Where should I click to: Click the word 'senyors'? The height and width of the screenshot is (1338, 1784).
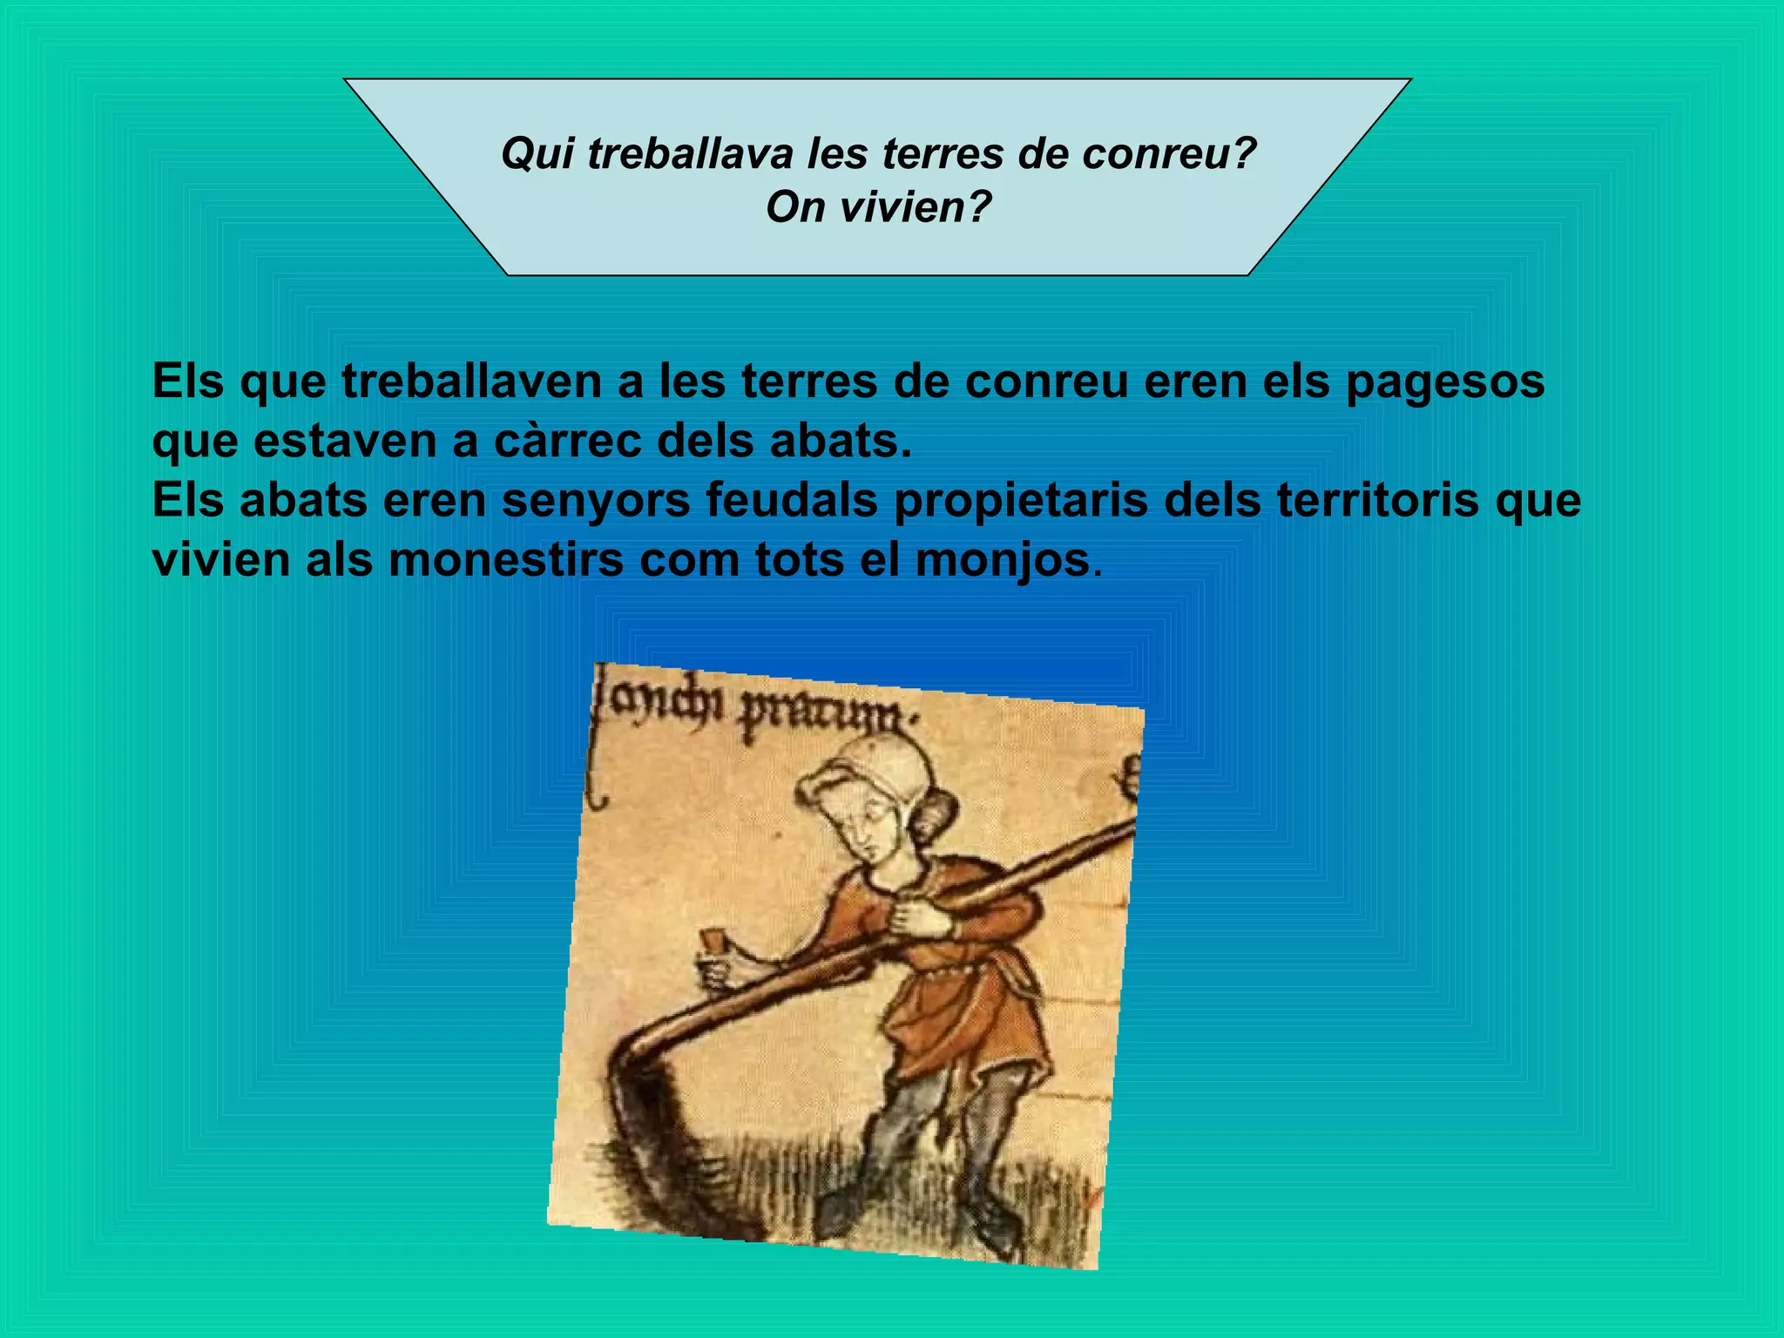596,501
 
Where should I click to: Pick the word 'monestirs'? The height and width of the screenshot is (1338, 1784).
506,560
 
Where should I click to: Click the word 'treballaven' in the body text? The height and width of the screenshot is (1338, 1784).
471,382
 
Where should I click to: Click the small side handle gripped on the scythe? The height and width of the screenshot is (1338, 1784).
717,958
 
